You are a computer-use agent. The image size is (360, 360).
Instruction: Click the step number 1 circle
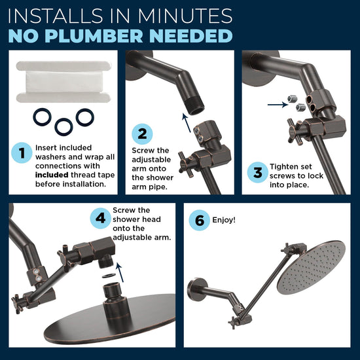22,154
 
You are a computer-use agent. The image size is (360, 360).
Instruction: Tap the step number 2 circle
142,134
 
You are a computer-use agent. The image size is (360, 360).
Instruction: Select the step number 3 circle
256,173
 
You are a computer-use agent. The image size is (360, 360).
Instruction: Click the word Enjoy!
225,221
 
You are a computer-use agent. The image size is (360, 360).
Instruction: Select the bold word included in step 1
52,175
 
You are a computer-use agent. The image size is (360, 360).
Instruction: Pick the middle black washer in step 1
63,125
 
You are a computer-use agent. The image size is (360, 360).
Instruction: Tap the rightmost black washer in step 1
84,117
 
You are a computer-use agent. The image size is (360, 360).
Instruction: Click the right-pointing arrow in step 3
275,103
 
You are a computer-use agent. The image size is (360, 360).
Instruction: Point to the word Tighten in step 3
284,167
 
